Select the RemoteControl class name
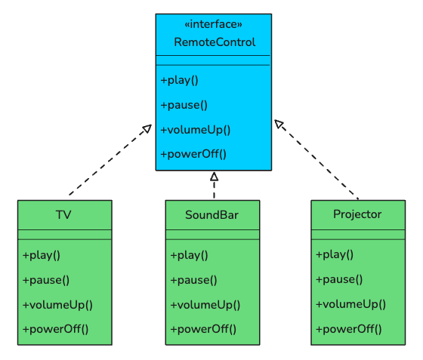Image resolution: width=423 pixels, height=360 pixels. pos(215,42)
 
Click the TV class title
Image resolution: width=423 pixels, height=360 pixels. pos(64,215)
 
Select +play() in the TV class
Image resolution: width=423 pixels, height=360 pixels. pos(42,255)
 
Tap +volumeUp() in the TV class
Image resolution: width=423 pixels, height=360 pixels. pos(57,305)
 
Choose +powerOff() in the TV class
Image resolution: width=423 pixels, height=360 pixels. pos(55,329)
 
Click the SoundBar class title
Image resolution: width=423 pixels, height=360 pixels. pos(212,215)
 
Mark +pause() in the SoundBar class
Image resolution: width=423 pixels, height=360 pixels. pos(194,280)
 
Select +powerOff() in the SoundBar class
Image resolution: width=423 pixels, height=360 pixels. pos(203,329)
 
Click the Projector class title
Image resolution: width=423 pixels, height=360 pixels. pos(357,214)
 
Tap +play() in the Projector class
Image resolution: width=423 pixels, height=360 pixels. pos(335,255)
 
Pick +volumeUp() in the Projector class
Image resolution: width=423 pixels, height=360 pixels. pos(350,304)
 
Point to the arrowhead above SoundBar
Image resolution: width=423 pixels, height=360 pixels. pos(214,177)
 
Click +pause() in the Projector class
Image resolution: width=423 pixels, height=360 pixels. pos(339,279)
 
